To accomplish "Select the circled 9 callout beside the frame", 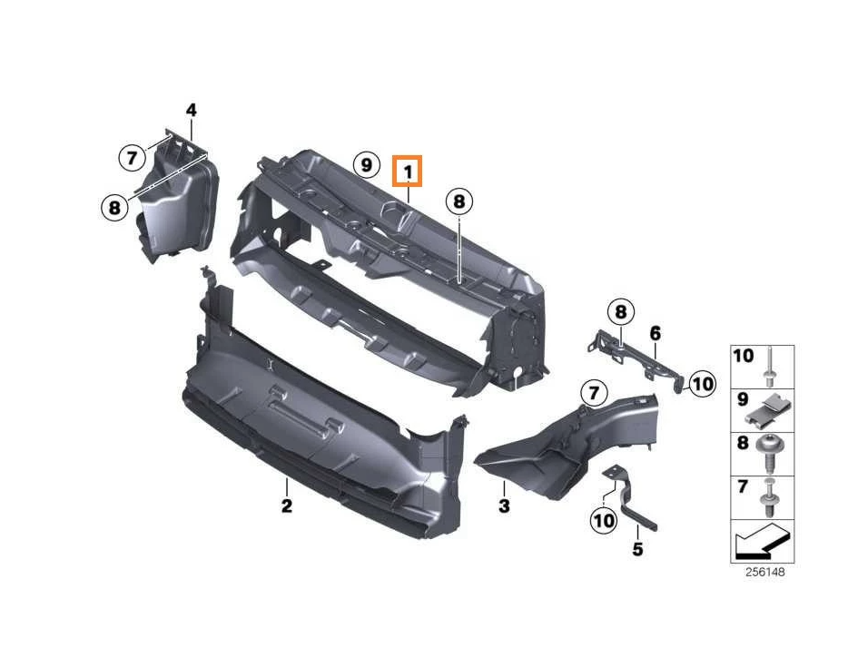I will coord(365,165).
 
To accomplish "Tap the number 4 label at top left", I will coord(191,111).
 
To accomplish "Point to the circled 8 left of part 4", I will coord(113,208).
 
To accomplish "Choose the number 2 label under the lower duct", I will coord(286,505).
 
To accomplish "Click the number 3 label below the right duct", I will coord(504,505).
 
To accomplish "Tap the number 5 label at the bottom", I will coord(637,549).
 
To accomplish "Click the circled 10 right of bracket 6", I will coord(702,384).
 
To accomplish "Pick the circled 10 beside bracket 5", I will coord(603,520).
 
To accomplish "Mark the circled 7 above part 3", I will coord(592,393).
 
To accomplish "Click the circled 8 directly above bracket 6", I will coord(620,313).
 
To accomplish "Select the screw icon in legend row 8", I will coord(771,453).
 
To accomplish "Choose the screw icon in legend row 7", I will coord(771,495).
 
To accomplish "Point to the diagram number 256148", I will coord(764,573).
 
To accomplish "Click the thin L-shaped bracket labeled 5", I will coord(632,505).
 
